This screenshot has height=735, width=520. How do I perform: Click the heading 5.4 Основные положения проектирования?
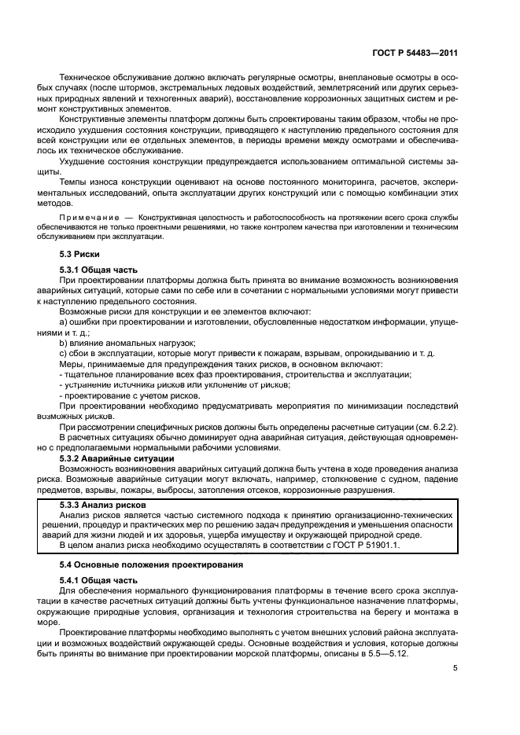click(x=146, y=564)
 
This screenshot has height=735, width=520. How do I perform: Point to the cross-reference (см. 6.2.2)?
click(x=434, y=426)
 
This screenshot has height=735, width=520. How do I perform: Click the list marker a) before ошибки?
click(x=64, y=322)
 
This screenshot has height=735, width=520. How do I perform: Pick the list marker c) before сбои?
click(x=64, y=354)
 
